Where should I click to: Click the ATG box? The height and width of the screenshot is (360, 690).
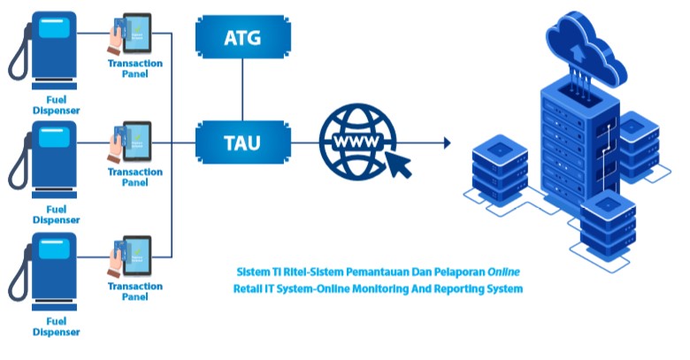point(242,38)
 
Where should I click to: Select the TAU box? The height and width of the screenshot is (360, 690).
point(242,141)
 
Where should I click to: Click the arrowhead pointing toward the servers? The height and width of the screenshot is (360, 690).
point(447,142)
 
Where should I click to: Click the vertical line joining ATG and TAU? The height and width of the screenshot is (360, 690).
point(242,89)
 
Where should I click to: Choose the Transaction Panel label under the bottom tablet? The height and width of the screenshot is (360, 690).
point(135,292)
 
